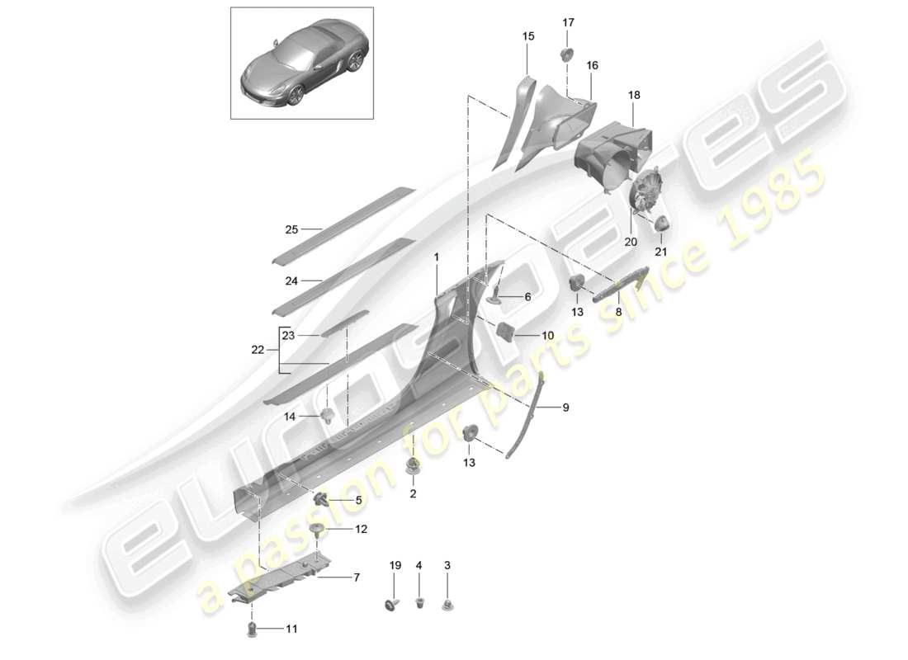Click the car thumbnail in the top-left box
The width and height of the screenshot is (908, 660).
(301, 64)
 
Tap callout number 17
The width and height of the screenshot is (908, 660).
(568, 22)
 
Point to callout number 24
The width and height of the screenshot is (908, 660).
(291, 280)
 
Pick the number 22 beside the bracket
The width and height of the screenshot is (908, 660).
(258, 350)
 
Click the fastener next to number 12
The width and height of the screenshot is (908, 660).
(316, 529)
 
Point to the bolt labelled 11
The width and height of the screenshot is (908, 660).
(253, 630)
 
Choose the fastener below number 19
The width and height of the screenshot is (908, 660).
(391, 604)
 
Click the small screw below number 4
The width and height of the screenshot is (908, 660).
(419, 601)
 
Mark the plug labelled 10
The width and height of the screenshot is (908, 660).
(505, 332)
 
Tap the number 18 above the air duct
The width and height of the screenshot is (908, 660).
(634, 96)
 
